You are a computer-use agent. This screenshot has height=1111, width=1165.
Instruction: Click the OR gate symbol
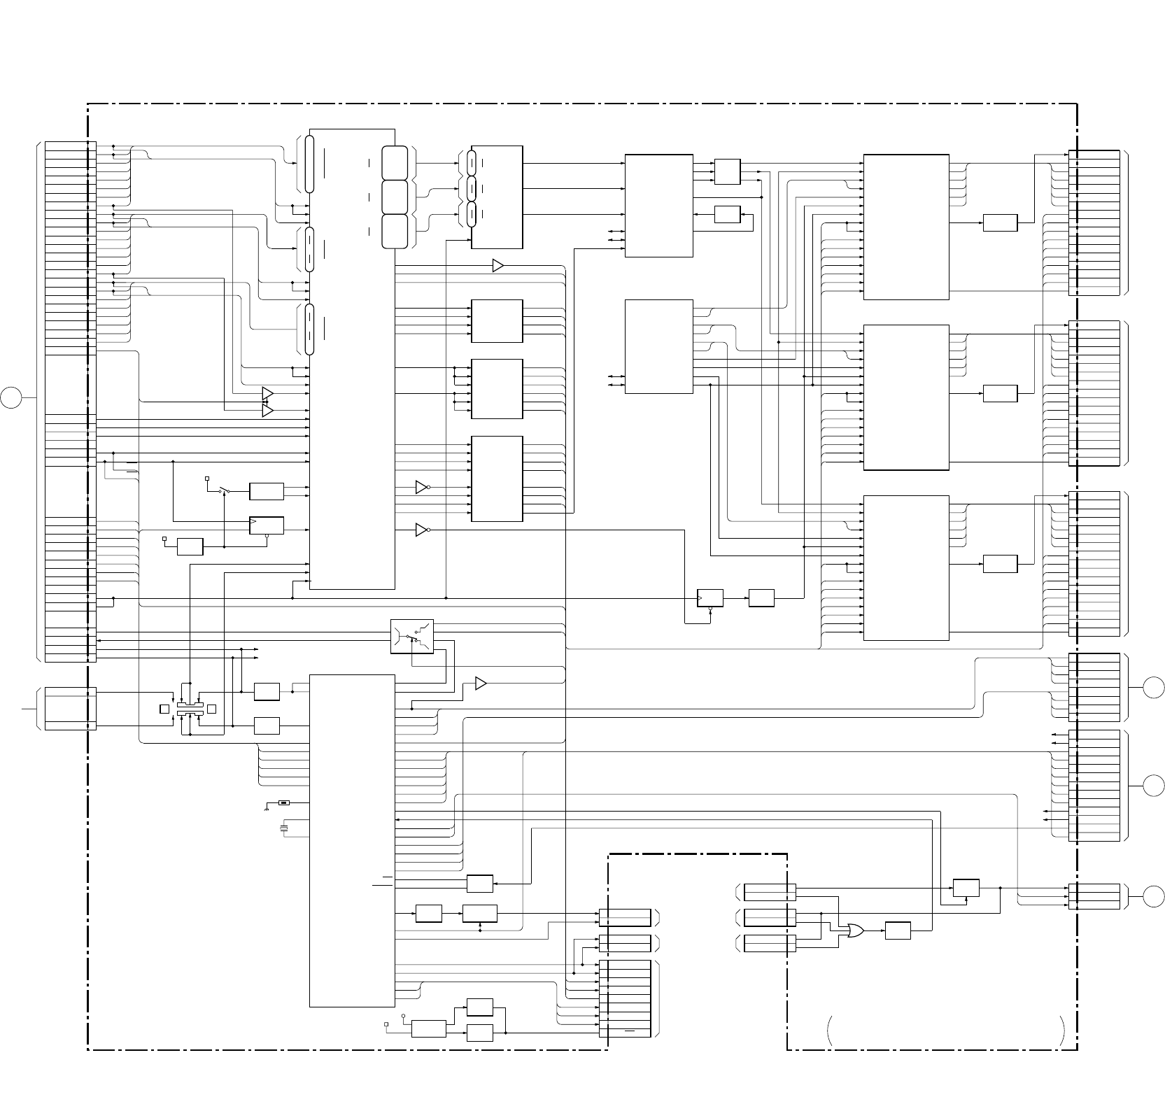(x=854, y=930)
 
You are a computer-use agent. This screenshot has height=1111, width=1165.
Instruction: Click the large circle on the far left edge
(x=11, y=397)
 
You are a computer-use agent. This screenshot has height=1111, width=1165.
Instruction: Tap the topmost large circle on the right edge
(x=1155, y=688)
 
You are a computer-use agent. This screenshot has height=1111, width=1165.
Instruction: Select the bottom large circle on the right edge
(x=1155, y=895)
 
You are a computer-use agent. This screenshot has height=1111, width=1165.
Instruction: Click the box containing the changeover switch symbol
(x=412, y=637)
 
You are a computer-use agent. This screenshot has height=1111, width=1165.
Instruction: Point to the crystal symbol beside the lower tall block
(x=283, y=829)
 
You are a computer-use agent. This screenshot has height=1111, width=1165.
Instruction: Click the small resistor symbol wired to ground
(x=283, y=802)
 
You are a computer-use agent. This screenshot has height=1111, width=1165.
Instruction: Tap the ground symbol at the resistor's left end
(x=267, y=807)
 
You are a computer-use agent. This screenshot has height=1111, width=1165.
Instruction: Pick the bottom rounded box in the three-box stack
(x=395, y=231)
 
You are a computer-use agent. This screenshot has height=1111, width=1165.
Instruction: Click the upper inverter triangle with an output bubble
(x=421, y=487)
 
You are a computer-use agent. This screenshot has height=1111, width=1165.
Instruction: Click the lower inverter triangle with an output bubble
(x=421, y=530)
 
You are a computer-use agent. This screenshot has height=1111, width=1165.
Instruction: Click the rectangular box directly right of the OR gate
(x=898, y=930)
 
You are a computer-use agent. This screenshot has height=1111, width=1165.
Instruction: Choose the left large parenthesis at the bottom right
(x=831, y=1031)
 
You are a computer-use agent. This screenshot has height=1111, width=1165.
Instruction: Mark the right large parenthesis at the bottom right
(x=1064, y=1031)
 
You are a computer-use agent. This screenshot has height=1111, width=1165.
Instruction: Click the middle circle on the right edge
(x=1155, y=786)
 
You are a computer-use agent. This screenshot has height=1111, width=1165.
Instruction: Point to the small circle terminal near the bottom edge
(x=404, y=1014)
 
